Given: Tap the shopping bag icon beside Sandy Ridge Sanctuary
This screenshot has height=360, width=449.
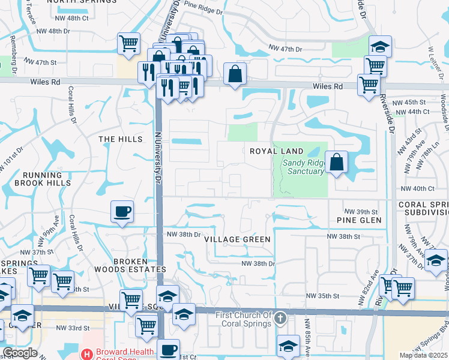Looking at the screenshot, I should click(337, 162).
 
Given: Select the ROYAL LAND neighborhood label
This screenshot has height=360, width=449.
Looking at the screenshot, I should click(277, 151).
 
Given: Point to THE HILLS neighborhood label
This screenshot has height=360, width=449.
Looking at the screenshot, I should click(121, 139).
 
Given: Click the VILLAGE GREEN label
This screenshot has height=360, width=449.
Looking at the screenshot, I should click(237, 239).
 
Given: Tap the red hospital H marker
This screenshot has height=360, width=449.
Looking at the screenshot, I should click(87, 354).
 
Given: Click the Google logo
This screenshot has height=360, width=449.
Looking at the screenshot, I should click(20, 353).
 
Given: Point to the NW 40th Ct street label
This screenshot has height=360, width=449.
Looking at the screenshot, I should click(415, 188).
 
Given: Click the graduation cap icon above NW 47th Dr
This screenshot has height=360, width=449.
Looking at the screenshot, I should click(379, 46).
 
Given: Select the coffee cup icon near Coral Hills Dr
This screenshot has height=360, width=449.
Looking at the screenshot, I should click(122, 211).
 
